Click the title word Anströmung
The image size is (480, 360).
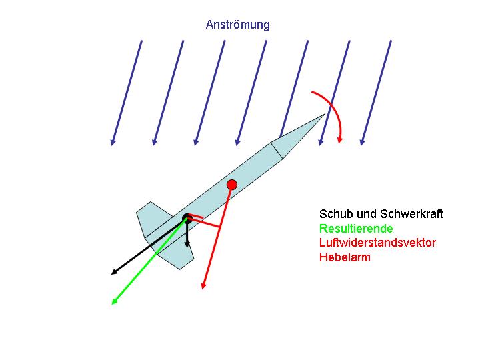tap(238, 25)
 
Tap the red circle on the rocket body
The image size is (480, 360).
tap(232, 185)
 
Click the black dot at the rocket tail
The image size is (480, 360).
tap(187, 218)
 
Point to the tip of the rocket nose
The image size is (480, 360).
tap(325, 114)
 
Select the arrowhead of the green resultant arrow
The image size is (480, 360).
tap(114, 301)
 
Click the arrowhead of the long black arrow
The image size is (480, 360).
tap(114, 272)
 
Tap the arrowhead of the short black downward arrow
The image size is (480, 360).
tap(187, 245)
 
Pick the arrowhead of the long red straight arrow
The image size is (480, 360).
tap(203, 285)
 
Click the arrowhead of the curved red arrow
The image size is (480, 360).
tap(339, 140)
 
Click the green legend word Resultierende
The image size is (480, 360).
tap(356, 229)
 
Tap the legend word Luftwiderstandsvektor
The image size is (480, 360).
tap(377, 243)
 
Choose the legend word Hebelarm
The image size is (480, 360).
tap(345, 257)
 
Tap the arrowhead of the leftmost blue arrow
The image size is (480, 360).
tap(113, 142)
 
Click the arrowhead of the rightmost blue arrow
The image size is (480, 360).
tap(363, 142)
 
